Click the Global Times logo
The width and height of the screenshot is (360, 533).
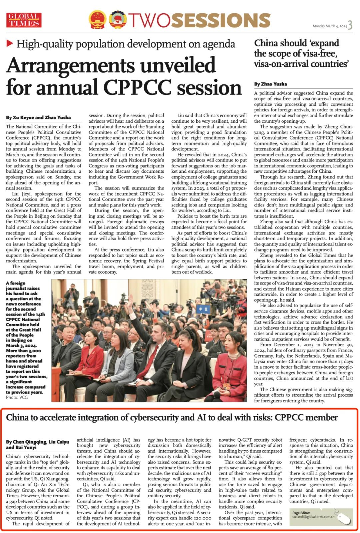tap(24, 20)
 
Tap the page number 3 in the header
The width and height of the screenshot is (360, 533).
tap(350, 25)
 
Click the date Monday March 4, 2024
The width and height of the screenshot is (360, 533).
tap(330, 26)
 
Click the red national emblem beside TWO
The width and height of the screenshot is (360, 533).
tap(98, 20)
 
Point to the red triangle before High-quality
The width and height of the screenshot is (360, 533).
tap(10, 43)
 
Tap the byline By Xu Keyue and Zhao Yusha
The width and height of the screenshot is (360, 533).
tap(38, 117)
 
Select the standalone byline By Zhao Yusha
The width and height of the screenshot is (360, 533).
tap(270, 84)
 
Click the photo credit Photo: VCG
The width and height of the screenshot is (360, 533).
tap(17, 397)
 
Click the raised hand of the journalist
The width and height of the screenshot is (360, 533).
tap(131, 298)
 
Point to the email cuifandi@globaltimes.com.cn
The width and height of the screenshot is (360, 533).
tap(313, 516)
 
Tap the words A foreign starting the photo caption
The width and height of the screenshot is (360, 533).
tap(16, 283)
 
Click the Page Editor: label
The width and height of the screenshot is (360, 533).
tap(301, 513)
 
